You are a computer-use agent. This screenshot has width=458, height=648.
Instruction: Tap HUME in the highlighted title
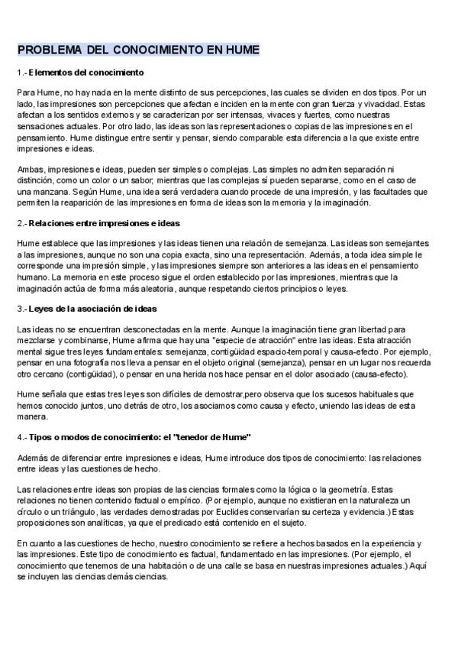(241, 50)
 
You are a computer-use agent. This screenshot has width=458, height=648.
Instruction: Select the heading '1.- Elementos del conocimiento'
(80, 73)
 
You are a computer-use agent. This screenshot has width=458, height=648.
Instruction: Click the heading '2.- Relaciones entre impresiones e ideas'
(98, 223)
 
